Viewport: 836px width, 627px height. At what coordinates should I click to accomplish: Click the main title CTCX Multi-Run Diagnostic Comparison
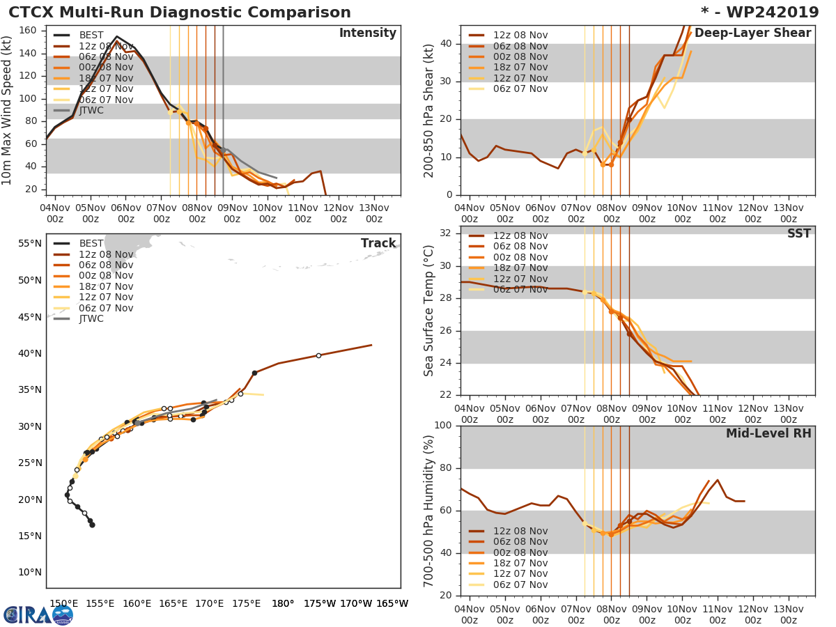[x=180, y=13]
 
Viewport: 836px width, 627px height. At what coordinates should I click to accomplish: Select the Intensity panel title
[x=367, y=33]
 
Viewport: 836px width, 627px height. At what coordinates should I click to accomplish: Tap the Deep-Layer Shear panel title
[x=752, y=33]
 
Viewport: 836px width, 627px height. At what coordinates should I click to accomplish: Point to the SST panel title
[x=798, y=234]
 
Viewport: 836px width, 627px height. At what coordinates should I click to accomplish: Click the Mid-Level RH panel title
[x=768, y=434]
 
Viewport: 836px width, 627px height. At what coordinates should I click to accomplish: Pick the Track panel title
[x=378, y=243]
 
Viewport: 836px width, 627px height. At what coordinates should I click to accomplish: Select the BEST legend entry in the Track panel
[x=91, y=243]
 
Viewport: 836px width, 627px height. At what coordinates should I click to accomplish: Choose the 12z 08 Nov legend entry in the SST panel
[x=520, y=235]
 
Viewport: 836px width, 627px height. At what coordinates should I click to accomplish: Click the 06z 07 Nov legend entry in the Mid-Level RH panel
[x=520, y=585]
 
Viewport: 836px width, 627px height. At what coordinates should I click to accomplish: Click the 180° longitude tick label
[x=282, y=603]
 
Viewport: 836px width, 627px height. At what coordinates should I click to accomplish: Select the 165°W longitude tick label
[x=392, y=603]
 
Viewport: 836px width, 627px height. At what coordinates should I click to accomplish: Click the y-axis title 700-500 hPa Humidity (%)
[x=429, y=511]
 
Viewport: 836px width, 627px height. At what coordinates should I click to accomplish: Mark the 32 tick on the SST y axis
[x=444, y=233]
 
